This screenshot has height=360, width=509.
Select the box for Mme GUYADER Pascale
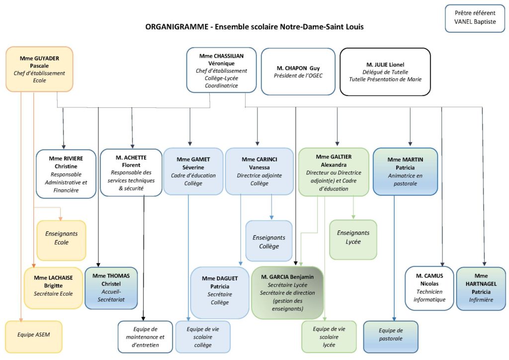tap(39, 69)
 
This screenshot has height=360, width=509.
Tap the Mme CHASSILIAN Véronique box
tap(221, 70)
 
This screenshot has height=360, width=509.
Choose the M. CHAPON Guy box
tap(298, 71)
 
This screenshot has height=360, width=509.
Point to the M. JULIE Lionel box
tap(385, 71)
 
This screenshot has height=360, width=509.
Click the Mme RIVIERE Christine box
tap(66, 174)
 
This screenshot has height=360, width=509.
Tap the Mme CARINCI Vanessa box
tap(259, 171)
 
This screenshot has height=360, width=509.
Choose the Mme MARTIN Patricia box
tap(405, 171)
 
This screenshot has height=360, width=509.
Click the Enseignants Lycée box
tap(353, 240)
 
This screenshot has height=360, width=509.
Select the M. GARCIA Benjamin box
tap(287, 292)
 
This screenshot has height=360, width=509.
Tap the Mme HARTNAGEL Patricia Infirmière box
tap(480, 288)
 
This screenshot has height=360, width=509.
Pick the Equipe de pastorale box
tap(390, 336)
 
